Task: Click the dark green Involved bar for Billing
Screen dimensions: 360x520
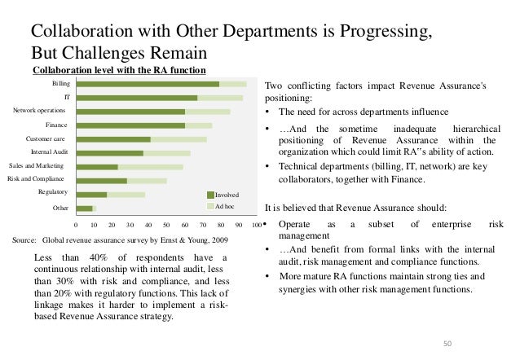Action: point(147,84)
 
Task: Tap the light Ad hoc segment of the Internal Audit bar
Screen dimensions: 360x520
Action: point(166,153)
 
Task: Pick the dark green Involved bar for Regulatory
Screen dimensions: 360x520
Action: point(91,195)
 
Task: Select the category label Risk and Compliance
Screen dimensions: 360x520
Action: point(37,178)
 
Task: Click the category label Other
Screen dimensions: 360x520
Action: point(59,209)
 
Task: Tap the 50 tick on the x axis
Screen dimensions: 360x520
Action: point(166,224)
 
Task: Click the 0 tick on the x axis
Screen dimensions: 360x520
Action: point(76,224)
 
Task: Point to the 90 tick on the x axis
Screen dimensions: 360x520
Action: point(239,224)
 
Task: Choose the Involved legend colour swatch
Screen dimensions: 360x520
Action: point(209,195)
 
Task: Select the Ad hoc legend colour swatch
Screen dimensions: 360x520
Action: point(209,206)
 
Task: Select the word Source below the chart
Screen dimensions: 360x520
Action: point(25,240)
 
